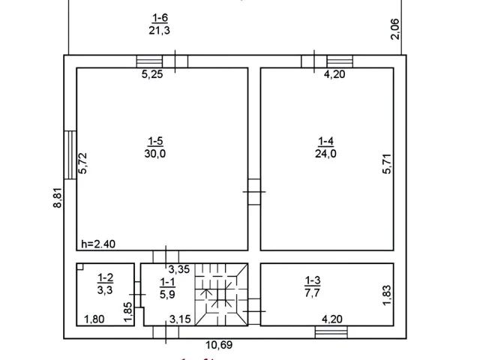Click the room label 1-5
155,141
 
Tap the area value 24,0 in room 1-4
325,153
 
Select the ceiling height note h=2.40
98,244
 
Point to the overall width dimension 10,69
219,345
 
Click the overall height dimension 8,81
58,198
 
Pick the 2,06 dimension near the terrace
395,29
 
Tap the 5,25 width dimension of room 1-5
152,74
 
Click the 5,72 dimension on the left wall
82,163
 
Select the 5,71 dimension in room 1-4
387,163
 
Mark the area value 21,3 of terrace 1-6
159,30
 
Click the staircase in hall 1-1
221,295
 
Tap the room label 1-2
105,278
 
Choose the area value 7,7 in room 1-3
312,292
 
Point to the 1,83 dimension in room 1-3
387,295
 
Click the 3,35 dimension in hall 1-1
179,269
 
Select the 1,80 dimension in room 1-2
94,319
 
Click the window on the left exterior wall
70,155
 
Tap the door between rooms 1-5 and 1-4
254,192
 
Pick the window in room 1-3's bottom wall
331,332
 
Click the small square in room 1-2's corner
80,267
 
